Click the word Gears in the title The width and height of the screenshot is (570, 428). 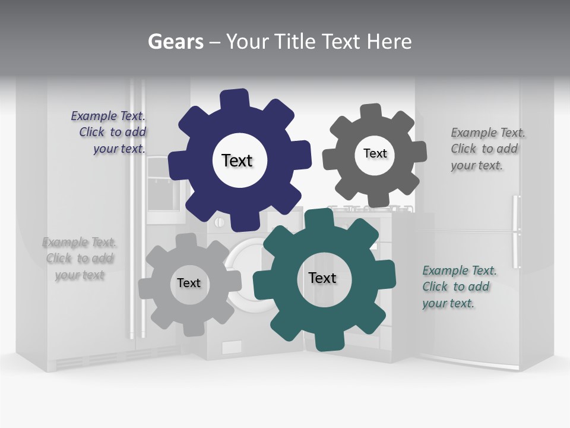(x=175, y=42)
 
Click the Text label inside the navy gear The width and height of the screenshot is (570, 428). (x=237, y=160)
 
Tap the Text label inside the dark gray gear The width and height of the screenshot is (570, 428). (x=375, y=153)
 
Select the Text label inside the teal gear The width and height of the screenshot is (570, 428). (x=322, y=278)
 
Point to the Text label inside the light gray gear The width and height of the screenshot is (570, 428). (x=188, y=283)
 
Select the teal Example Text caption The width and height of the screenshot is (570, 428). (x=458, y=287)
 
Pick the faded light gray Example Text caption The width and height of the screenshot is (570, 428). (x=80, y=259)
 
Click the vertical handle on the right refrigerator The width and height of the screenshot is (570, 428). (x=516, y=232)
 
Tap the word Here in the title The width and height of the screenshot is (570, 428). (x=389, y=42)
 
